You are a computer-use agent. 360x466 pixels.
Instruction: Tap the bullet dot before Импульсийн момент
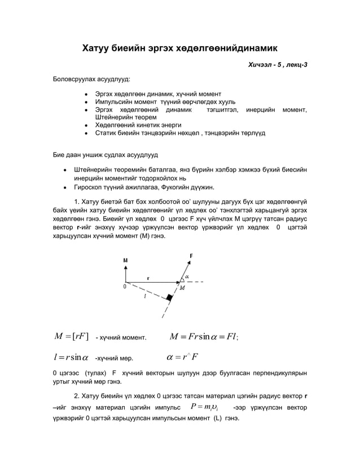tap(85, 102)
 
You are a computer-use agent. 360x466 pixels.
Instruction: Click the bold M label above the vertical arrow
tap(125, 260)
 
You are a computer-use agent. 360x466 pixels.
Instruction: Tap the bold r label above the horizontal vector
tap(148, 277)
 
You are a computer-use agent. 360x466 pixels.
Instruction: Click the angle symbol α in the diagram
tap(187, 276)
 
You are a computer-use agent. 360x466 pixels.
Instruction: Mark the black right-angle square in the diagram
tap(168, 297)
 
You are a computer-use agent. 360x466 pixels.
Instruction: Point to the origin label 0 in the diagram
tap(124, 287)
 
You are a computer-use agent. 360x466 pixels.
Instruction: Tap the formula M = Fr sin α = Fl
tap(205, 337)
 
